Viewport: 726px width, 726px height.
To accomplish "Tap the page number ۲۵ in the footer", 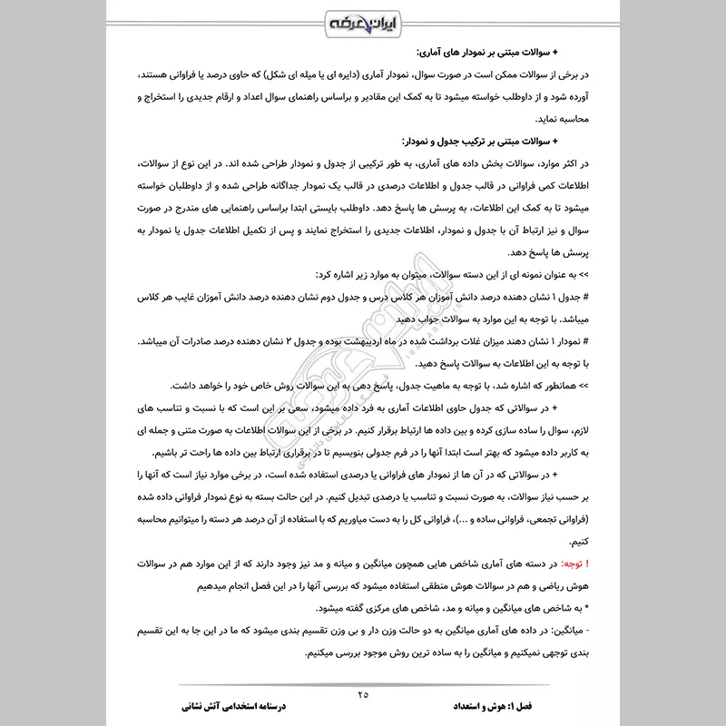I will click(x=363, y=694).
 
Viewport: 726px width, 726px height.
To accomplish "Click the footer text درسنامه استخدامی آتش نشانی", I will click(x=234, y=705).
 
